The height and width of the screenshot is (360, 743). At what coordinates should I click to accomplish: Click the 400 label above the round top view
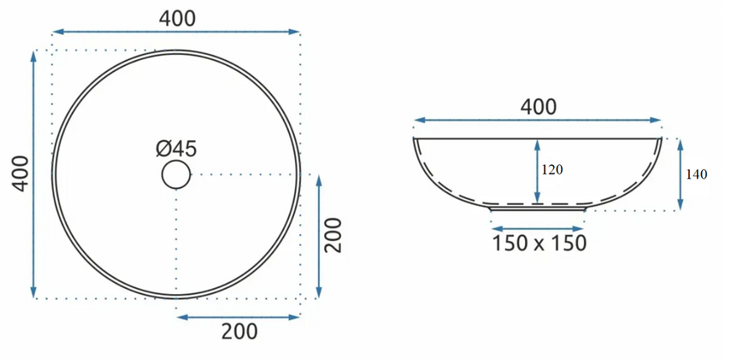[177, 19]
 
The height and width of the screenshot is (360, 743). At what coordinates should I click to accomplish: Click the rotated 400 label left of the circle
[21, 174]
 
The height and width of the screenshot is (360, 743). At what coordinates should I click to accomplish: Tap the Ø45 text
[176, 149]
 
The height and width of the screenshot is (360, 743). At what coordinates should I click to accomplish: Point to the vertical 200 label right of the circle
[333, 235]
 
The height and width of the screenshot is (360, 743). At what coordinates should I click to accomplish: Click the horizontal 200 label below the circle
[239, 331]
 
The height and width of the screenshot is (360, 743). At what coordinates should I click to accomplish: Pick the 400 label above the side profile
[539, 108]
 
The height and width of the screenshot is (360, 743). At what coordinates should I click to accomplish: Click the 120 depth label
[552, 170]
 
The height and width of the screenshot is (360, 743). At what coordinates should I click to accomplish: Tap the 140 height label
[697, 174]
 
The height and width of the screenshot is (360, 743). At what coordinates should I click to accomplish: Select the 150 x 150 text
[540, 244]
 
